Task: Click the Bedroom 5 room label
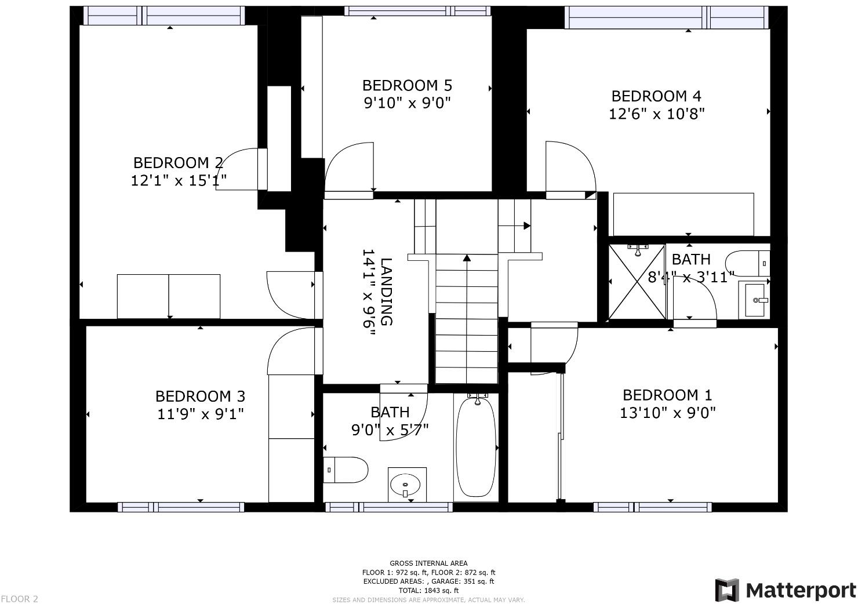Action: click(407, 85)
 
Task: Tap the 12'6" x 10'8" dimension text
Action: click(656, 114)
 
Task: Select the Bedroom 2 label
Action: click(178, 163)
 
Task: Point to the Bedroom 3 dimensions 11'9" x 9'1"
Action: click(201, 414)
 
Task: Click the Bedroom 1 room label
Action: click(667, 395)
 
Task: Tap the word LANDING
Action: click(387, 292)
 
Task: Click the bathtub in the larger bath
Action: click(476, 446)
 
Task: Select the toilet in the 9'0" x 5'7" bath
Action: click(346, 470)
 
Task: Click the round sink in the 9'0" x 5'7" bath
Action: click(405, 485)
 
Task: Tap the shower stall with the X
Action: click(637, 282)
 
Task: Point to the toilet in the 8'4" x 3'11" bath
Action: click(747, 264)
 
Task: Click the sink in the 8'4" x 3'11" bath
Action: click(754, 300)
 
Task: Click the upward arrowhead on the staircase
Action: click(467, 258)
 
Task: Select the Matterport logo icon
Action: click(727, 590)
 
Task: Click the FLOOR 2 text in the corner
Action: click(19, 599)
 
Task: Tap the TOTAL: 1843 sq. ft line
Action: click(428, 590)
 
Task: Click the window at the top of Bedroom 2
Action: click(164, 16)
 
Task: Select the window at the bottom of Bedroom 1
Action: click(653, 507)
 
